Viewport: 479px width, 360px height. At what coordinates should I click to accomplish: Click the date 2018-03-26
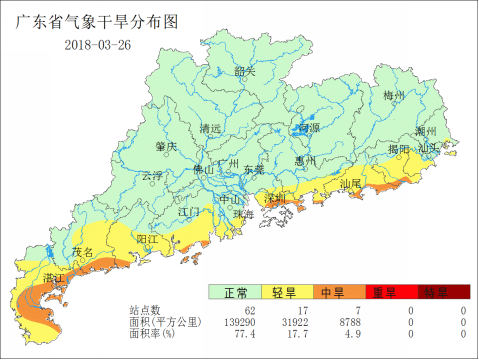97,44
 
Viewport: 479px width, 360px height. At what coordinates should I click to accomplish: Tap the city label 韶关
245,71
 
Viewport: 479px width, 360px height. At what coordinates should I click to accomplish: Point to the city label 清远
210,128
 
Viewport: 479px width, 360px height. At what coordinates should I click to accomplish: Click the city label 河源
309,128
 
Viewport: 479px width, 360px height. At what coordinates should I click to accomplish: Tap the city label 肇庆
166,146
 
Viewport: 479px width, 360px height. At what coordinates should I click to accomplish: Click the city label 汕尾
351,185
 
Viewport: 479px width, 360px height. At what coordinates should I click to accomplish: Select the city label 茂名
83,252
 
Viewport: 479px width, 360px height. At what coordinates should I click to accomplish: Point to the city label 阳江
147,240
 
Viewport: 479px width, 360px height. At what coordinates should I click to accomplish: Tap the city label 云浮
151,175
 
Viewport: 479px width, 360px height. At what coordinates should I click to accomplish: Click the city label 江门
188,212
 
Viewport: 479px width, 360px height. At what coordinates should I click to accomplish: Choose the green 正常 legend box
235,292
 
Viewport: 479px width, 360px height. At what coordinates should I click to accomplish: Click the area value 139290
236,323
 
